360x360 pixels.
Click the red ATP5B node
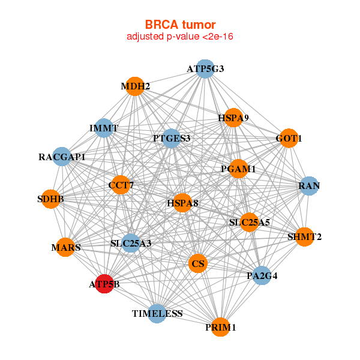coord(104,284)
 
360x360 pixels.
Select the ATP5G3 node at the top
coord(205,68)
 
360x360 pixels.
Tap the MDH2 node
coord(136,86)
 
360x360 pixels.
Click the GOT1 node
coord(289,139)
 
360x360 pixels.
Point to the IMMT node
coord(104,128)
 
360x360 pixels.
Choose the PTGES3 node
coord(172,139)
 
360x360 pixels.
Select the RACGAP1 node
coord(62,157)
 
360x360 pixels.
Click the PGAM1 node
coord(238,169)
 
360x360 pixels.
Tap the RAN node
coord(308,186)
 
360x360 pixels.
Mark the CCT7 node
coord(121,186)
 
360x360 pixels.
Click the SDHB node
coord(51,199)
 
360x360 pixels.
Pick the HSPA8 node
coord(182,203)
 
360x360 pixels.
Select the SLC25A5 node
coord(250,222)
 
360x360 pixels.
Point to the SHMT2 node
coord(304,237)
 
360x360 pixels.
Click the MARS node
coord(66,247)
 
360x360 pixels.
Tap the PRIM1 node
coord(221,327)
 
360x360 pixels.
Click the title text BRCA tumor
coord(180,25)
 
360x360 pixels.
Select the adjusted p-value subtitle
coord(180,37)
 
